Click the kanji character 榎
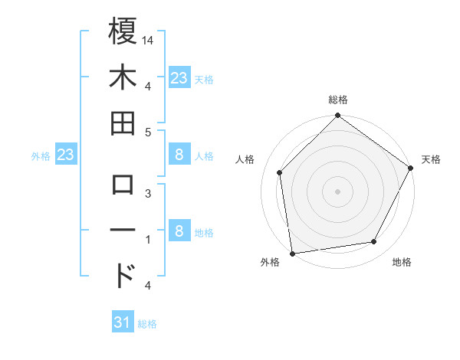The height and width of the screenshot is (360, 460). tap(123, 32)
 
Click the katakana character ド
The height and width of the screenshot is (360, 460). tap(124, 273)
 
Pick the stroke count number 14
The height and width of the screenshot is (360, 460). tap(148, 38)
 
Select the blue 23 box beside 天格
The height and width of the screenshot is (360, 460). tap(179, 77)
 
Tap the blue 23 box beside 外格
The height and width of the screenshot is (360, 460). tap(66, 155)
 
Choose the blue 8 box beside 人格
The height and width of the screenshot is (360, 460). tap(179, 155)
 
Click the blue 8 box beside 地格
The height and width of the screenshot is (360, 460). tap(179, 231)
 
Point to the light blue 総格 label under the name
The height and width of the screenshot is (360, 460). tap(147, 324)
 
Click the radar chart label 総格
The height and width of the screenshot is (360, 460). tap(338, 100)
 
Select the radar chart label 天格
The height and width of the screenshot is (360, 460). tap(431, 159)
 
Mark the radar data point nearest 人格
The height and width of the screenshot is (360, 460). tap(280, 172)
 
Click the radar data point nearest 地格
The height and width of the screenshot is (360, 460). tap(374, 242)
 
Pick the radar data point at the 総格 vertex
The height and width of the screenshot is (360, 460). tap(338, 116)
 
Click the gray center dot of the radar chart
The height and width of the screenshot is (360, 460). tap(338, 191)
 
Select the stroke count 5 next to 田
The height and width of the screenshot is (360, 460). tap(148, 132)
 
